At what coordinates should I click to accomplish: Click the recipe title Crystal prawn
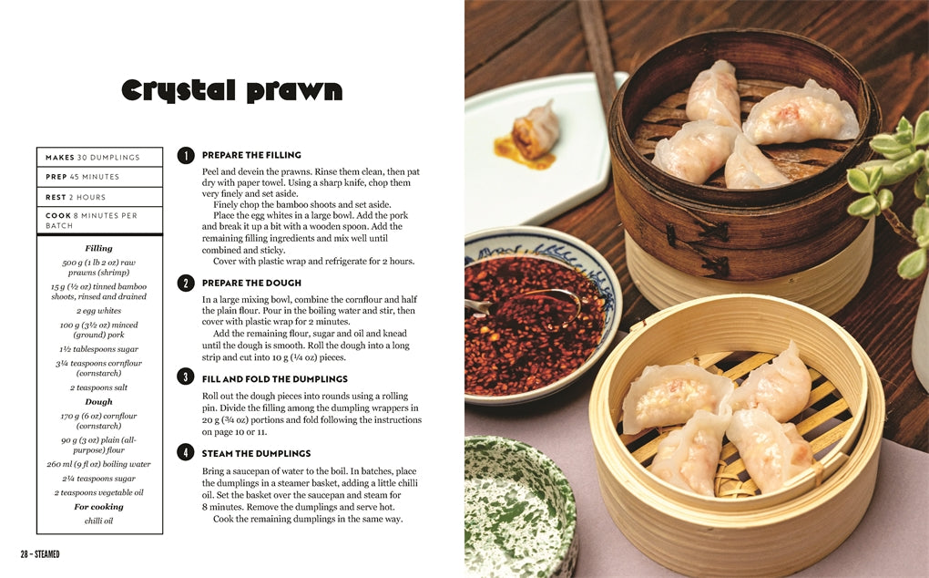[x=231, y=89]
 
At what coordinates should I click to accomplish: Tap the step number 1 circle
[x=186, y=155]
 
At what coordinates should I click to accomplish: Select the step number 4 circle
[x=186, y=453]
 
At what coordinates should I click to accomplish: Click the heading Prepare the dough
[x=251, y=283]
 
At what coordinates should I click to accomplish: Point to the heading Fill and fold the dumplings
[x=275, y=379]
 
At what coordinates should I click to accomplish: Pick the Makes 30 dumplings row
[x=99, y=157]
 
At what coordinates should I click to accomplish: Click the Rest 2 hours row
[x=99, y=197]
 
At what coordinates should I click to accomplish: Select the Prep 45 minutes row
[x=99, y=177]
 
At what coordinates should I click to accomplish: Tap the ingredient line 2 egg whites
[x=98, y=311]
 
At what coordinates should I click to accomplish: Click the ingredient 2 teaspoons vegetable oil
[x=98, y=492]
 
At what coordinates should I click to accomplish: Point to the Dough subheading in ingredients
[x=98, y=401]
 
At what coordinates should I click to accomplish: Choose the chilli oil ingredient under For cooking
[x=98, y=521]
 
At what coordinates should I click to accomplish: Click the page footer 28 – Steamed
[x=40, y=554]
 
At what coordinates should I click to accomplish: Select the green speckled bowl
[x=518, y=507]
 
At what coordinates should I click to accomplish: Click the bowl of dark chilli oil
[x=536, y=317]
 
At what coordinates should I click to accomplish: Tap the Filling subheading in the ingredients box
[x=98, y=248]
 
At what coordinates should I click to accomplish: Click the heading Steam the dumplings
[x=256, y=453]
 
